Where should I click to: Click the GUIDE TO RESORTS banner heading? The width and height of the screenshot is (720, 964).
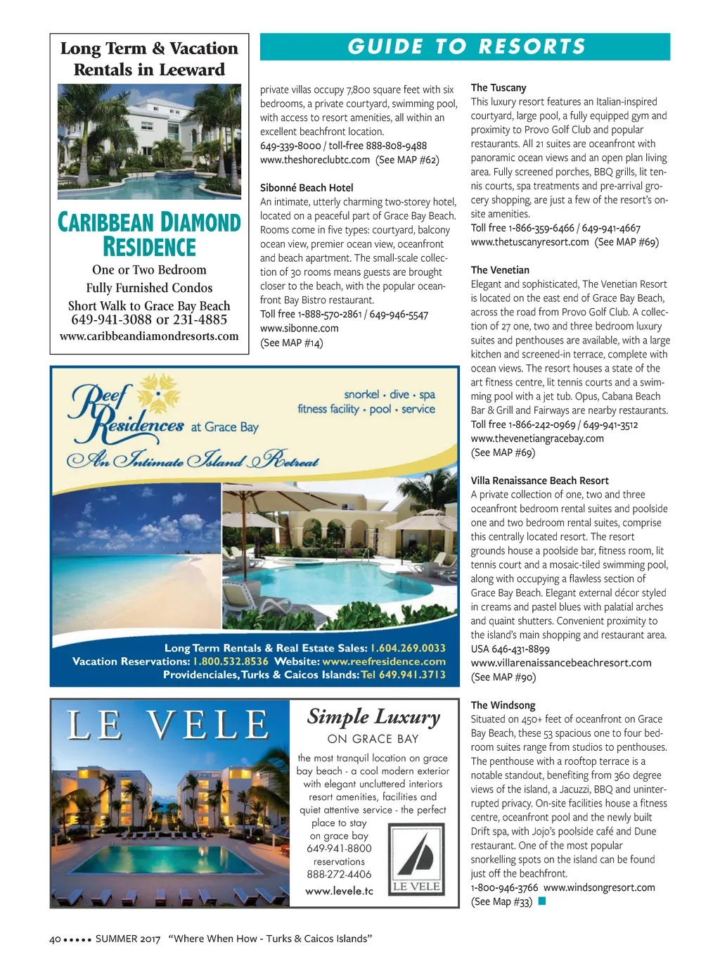[x=466, y=47]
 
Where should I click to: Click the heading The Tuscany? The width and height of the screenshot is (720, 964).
[x=499, y=88]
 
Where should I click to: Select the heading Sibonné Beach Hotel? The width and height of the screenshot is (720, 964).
[x=307, y=188]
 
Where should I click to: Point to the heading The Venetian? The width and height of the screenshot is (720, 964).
[x=500, y=270]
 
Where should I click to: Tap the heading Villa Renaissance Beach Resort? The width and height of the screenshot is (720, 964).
[x=539, y=481]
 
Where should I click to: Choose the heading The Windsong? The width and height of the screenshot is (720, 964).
[x=503, y=705]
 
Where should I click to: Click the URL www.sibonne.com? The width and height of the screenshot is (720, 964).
[x=299, y=329]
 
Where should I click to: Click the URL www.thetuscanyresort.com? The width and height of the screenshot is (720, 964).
[x=529, y=242]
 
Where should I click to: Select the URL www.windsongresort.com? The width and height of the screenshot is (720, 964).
[x=599, y=888]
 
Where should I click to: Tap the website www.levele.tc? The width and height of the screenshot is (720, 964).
[x=339, y=892]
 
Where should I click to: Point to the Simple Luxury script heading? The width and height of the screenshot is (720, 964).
[x=373, y=717]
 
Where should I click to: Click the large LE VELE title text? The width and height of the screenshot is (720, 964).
[x=168, y=725]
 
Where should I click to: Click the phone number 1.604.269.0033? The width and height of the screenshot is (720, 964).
[x=408, y=648]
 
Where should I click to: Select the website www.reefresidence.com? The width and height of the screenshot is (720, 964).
[x=384, y=661]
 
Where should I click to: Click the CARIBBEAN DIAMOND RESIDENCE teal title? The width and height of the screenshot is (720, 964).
[x=149, y=235]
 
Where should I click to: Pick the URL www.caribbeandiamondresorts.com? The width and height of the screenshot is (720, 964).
[x=149, y=336]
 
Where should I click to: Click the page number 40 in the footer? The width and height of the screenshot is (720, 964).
[x=56, y=939]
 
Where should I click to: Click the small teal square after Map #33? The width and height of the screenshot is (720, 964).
[x=542, y=901]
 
